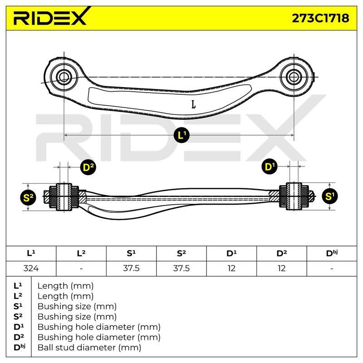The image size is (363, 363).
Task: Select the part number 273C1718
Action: tap(320, 18)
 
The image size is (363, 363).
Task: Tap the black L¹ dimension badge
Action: tap(181, 135)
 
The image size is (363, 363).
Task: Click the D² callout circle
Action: tap(88, 167)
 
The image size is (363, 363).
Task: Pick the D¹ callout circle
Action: tap(270, 167)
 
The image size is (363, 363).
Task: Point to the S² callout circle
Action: tap(28, 197)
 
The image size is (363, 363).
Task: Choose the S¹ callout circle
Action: tap(330, 196)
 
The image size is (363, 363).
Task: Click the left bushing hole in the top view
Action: tap(64, 77)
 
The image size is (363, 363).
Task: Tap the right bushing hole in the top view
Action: tap(294, 77)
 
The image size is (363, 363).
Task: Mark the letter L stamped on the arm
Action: tap(194, 104)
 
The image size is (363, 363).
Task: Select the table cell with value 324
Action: tap(31, 268)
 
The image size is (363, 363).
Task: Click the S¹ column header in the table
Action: tap(131, 253)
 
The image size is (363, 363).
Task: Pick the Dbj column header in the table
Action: tap(332, 253)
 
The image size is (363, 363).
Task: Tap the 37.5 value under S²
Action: tap(181, 268)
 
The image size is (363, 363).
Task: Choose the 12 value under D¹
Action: tap(231, 268)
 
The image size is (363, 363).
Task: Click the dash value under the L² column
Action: tap(81, 269)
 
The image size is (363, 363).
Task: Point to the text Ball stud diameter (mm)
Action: tap(89, 348)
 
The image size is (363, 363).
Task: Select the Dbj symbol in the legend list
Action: tap(19, 347)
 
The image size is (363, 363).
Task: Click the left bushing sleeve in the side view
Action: tap(64, 197)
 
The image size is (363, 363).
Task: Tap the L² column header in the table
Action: tap(81, 253)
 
